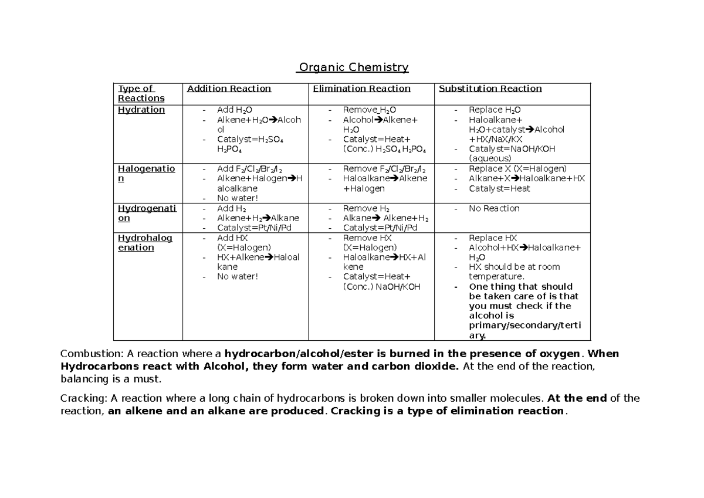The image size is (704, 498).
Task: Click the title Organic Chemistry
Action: click(353, 67)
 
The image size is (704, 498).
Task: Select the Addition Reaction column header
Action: click(228, 89)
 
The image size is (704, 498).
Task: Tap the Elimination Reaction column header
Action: click(361, 89)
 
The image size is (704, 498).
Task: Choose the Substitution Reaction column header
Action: click(490, 89)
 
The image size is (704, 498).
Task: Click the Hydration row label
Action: click(141, 110)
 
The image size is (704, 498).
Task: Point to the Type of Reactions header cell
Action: click(141, 93)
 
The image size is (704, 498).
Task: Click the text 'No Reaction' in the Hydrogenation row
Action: click(494, 208)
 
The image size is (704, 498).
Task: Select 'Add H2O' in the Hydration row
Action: click(235, 110)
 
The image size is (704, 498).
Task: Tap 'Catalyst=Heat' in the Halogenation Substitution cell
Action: click(499, 188)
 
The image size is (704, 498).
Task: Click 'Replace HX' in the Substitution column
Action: click(493, 238)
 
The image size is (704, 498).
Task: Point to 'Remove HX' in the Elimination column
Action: click(367, 238)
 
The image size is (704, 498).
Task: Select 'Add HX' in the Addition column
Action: click(233, 238)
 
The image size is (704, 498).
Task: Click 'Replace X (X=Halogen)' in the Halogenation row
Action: click(517, 169)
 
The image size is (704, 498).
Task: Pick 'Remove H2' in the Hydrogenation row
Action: click(366, 208)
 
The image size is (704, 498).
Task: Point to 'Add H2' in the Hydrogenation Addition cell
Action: click(231, 208)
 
